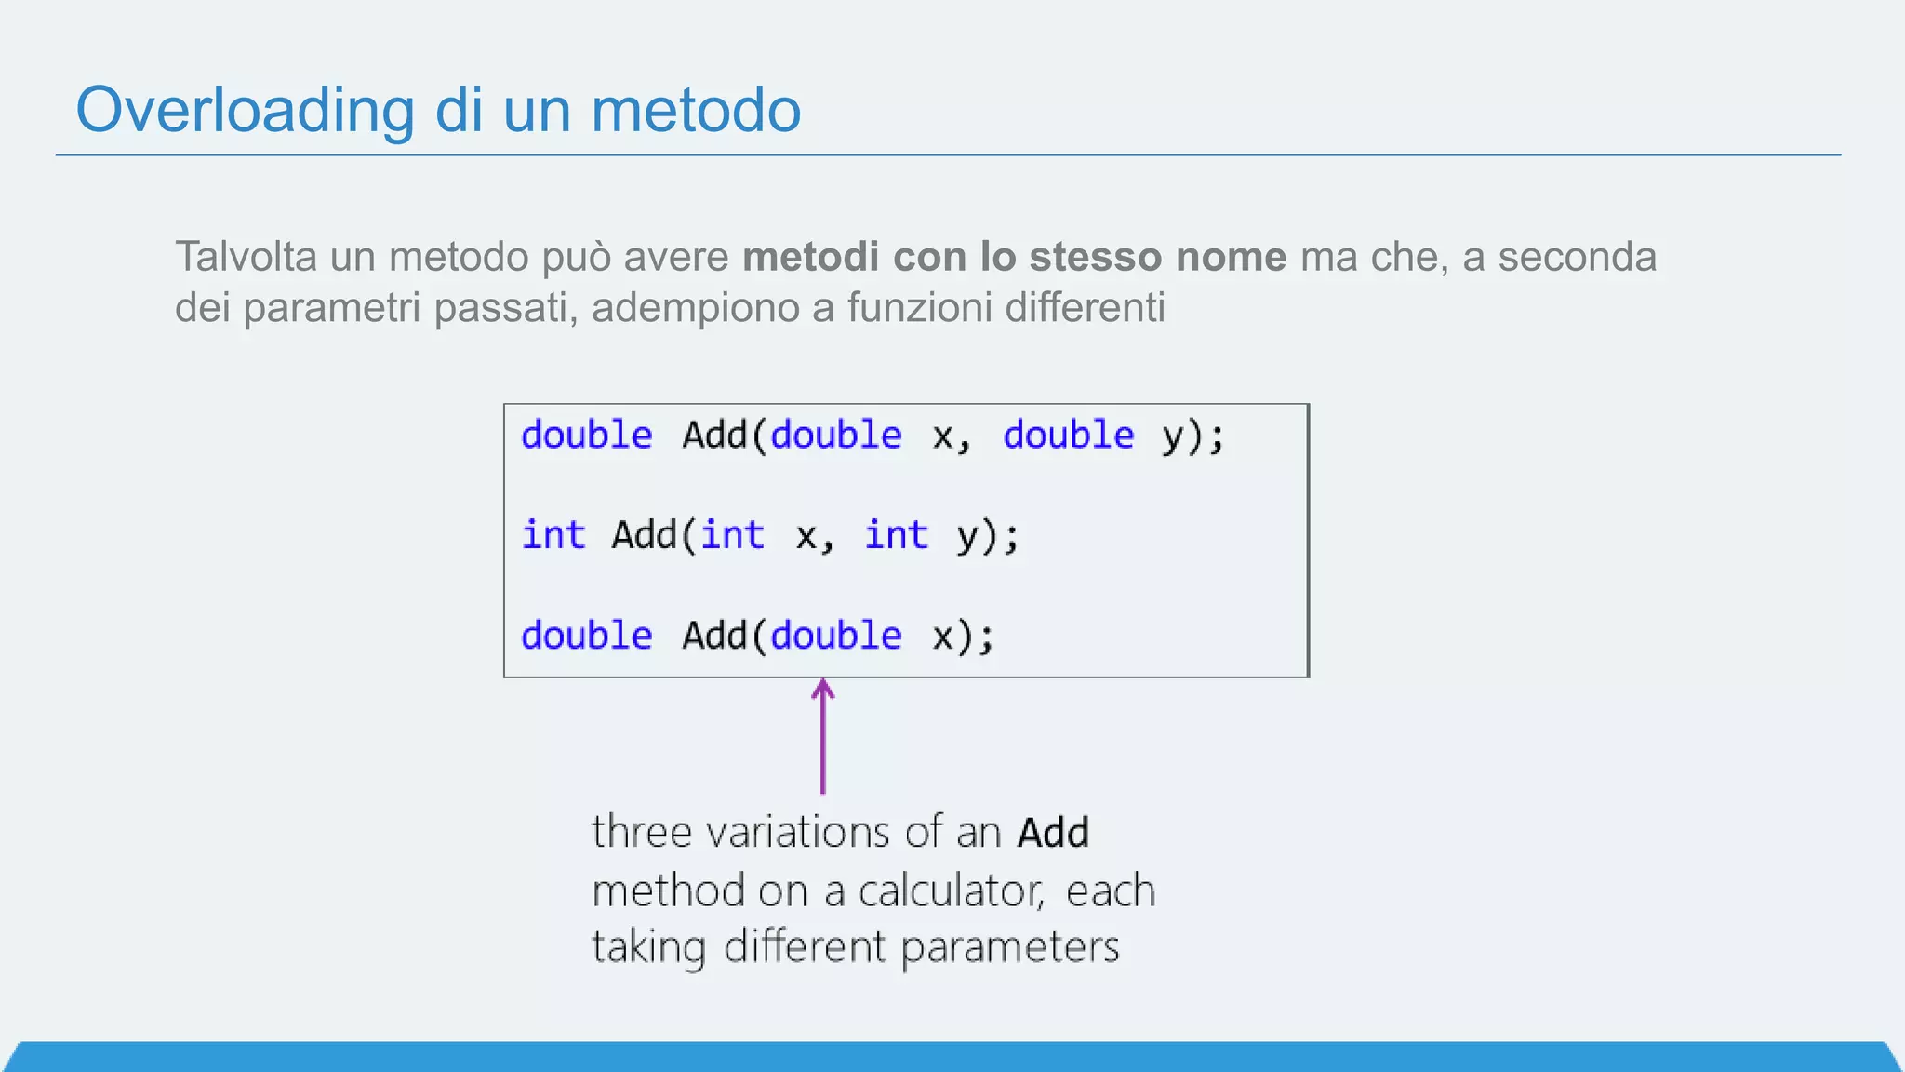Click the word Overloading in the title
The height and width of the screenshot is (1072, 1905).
tap(245, 111)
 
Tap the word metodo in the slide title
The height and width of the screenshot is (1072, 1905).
tap(696, 111)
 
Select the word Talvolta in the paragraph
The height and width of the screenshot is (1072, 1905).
tap(246, 257)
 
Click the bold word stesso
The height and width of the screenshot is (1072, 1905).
tap(1095, 257)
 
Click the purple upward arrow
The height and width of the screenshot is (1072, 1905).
tap(822, 735)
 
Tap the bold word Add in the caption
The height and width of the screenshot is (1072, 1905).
tap(1052, 832)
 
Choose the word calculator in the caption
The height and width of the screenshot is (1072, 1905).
tap(950, 891)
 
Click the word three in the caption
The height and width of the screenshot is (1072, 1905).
tap(642, 832)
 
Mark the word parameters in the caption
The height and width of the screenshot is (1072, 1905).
tap(1009, 947)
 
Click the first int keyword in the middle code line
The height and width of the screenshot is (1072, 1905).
tap(553, 536)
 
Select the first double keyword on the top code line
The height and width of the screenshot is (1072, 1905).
tap(586, 435)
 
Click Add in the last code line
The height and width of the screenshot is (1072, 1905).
tap(714, 636)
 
